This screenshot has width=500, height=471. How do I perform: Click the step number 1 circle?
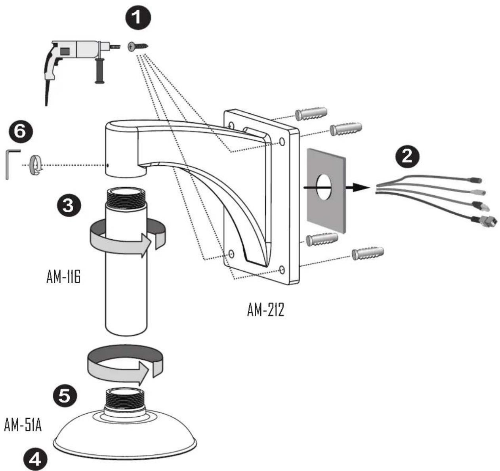pyautogui.click(x=138, y=17)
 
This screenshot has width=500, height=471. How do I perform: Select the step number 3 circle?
pyautogui.click(x=69, y=206)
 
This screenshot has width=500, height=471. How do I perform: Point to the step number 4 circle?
pyautogui.click(x=36, y=458)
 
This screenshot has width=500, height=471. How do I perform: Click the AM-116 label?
pyautogui.click(x=63, y=277)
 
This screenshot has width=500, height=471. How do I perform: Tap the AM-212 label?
pyautogui.click(x=265, y=310)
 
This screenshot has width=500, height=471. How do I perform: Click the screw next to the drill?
pyautogui.click(x=138, y=47)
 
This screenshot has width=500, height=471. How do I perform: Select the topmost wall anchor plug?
pyautogui.click(x=311, y=114)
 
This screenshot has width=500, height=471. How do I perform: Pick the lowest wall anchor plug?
pyautogui.click(x=368, y=253)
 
